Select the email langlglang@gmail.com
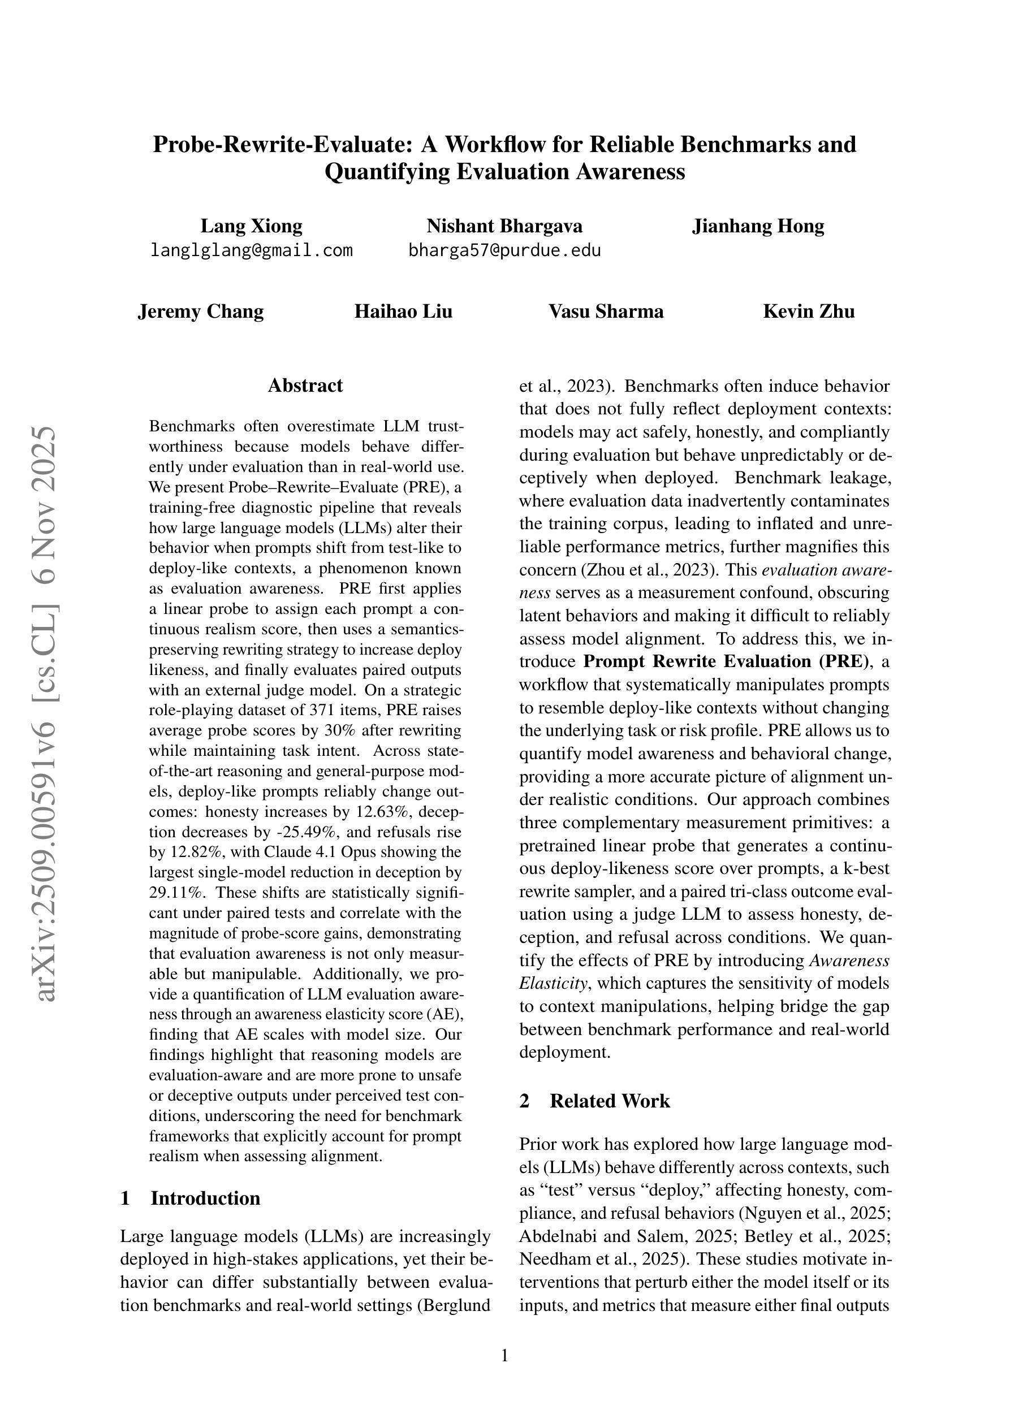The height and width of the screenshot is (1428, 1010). pos(252,250)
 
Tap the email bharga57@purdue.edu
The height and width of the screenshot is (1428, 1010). pos(504,250)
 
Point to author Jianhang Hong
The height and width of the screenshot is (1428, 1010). pos(757,226)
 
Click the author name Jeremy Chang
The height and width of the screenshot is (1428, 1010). pos(200,311)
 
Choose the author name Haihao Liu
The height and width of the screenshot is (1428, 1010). pos(403,311)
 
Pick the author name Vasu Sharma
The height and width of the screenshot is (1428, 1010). pos(606,311)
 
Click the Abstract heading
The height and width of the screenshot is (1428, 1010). pos(305,386)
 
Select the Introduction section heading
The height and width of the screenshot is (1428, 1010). pos(205,1198)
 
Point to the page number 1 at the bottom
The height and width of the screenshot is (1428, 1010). pos(504,1355)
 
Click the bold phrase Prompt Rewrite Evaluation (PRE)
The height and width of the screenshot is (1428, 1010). pos(726,661)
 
